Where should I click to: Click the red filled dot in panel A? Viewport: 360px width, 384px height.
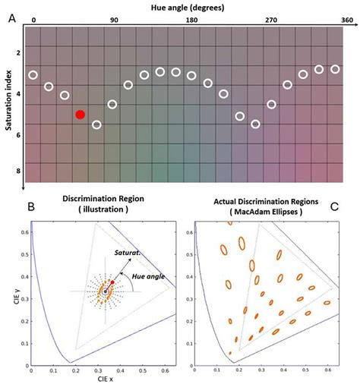(81, 115)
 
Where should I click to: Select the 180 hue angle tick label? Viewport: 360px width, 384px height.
(191, 18)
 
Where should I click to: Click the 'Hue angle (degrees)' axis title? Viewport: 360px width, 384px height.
(190, 6)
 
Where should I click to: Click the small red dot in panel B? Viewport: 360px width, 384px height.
(112, 282)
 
